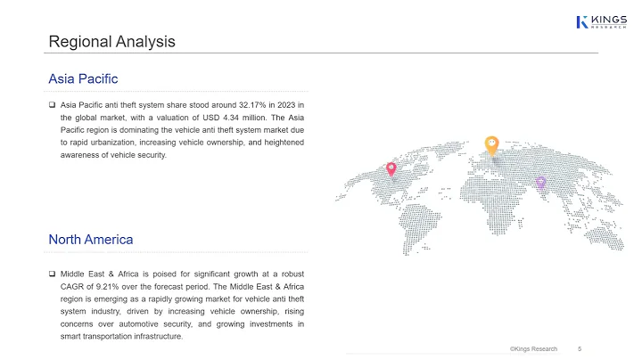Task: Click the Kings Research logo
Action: click(x=601, y=21)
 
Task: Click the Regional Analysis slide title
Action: click(x=111, y=41)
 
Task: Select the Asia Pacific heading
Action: click(x=83, y=79)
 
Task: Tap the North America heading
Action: click(x=91, y=239)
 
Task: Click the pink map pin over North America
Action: click(x=391, y=169)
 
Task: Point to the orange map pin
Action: click(x=491, y=143)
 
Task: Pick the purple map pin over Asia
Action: click(x=540, y=183)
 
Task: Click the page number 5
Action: click(x=580, y=348)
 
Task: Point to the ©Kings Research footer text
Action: click(x=533, y=348)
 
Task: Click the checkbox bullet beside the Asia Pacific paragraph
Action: click(x=53, y=104)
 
